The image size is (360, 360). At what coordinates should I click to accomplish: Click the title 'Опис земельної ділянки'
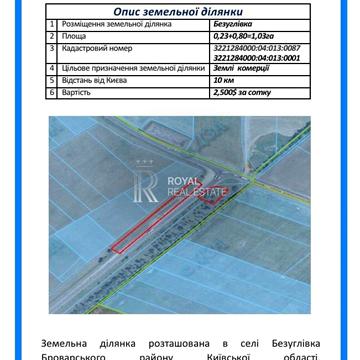pos(181,9)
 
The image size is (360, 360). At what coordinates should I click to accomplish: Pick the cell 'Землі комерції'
pos(234,67)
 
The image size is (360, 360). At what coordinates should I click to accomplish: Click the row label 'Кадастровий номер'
pos(94,46)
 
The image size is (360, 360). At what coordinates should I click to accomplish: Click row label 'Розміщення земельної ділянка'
pos(111,21)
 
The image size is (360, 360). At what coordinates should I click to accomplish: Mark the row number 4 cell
pos(53,67)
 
